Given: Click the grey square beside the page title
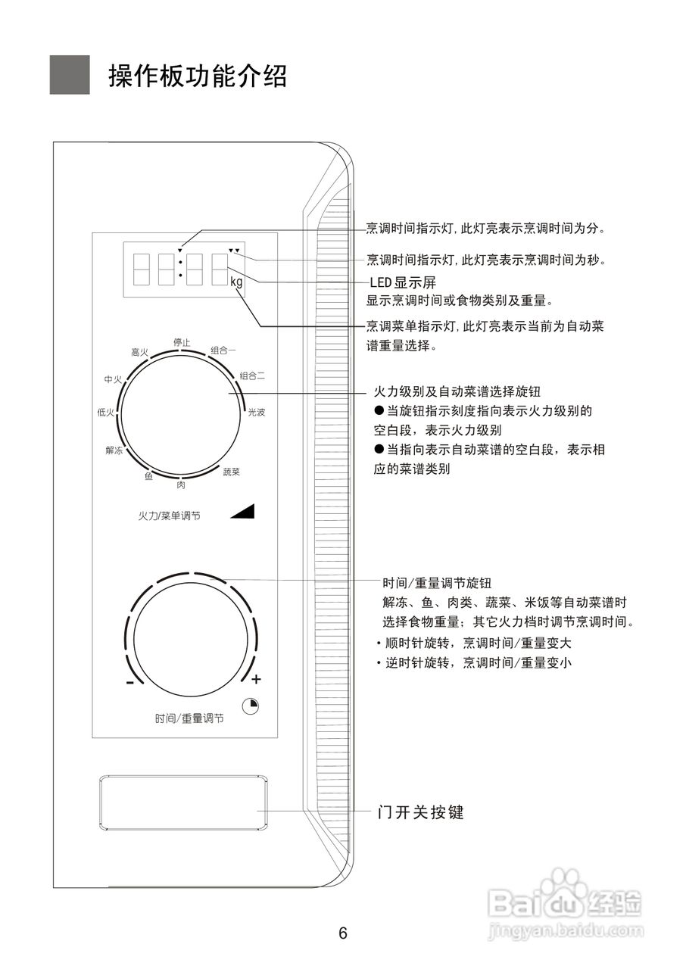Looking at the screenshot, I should tap(70, 75).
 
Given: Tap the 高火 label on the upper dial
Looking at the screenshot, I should tap(139, 352).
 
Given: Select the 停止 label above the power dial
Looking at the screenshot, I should tap(182, 342).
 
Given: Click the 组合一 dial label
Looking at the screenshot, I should tap(223, 351).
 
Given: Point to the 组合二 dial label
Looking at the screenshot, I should tap(252, 375).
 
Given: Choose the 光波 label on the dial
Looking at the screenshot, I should tap(257, 413).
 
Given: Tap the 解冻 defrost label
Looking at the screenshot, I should tap(114, 450).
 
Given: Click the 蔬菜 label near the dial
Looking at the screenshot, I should tap(231, 472).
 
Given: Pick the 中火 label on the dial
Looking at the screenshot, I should tap(113, 379).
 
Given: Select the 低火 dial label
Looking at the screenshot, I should tap(106, 413).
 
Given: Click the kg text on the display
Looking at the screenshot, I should tap(236, 282).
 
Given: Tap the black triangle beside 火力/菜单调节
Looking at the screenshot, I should tap(244, 512).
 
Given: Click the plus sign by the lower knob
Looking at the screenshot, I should tap(256, 678).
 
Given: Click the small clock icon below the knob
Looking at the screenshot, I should tap(251, 706).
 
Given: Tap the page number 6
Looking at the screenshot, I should tap(343, 933).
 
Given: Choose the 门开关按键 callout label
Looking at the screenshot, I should tap(420, 812).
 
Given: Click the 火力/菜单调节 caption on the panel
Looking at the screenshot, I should tap(169, 516).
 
